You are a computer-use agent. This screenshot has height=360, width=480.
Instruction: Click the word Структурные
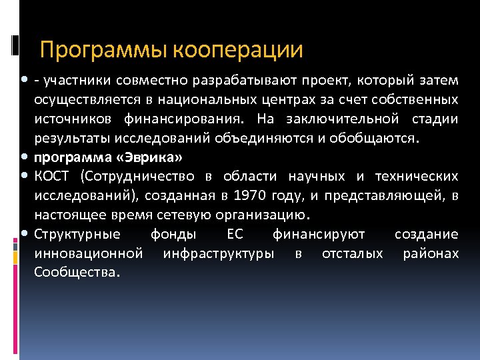point(77,235)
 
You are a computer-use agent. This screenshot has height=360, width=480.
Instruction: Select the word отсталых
point(351,254)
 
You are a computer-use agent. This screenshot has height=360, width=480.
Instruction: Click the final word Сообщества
point(77,273)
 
